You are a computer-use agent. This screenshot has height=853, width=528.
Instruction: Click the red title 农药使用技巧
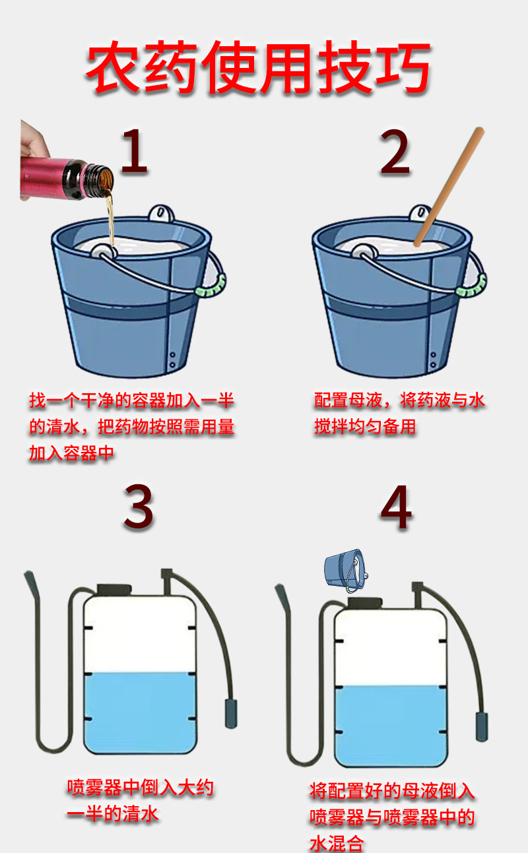(x=258, y=67)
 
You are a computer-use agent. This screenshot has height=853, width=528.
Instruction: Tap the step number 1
(x=134, y=152)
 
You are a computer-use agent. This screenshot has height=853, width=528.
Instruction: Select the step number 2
(x=395, y=152)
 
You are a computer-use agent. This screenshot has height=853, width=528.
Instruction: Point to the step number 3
(x=139, y=507)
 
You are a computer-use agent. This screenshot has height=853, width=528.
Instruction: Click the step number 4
(x=396, y=507)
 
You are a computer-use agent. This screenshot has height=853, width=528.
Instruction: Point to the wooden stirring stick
(x=449, y=187)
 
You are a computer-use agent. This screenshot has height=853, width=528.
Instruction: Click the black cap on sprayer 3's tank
(x=114, y=590)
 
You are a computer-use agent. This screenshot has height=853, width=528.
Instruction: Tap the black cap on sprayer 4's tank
(x=365, y=602)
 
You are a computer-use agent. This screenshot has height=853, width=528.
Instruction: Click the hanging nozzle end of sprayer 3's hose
(x=231, y=714)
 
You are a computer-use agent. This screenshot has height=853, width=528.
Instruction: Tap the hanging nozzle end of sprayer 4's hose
(x=482, y=726)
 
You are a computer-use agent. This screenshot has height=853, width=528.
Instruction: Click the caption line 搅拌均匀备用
(x=365, y=426)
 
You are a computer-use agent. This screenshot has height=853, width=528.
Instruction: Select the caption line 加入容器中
(x=72, y=453)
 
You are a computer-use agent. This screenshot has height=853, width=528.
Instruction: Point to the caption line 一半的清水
(x=112, y=814)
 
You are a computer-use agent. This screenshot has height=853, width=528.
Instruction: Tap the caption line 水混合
(x=337, y=843)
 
